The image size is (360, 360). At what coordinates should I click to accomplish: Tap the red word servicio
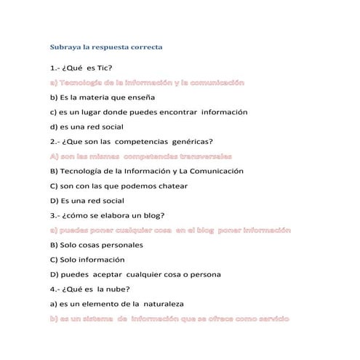click(x=270, y=319)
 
